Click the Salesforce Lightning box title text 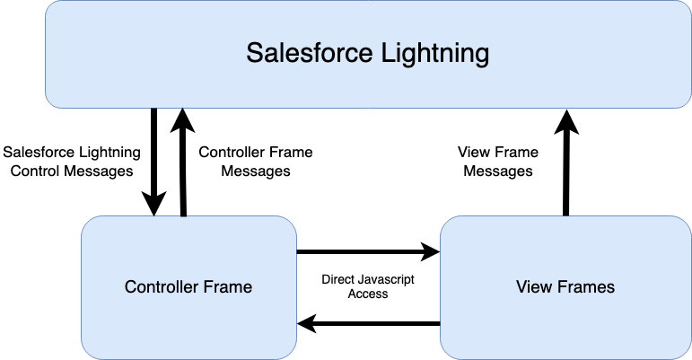click(368, 53)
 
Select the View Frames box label click(565, 286)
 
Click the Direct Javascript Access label click(368, 286)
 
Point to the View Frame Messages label click(498, 162)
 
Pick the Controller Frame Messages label click(256, 162)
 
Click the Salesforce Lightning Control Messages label click(72, 162)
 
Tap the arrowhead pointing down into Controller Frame click(153, 204)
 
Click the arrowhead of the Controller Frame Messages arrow click(182, 120)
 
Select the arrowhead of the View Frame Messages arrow click(566, 121)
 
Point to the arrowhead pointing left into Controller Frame click(307, 324)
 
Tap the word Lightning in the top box click(434, 53)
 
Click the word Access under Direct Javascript click(368, 294)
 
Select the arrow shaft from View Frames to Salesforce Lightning click(566, 175)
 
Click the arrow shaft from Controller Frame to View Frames click(359, 251)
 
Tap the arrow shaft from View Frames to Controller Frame click(378, 324)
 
